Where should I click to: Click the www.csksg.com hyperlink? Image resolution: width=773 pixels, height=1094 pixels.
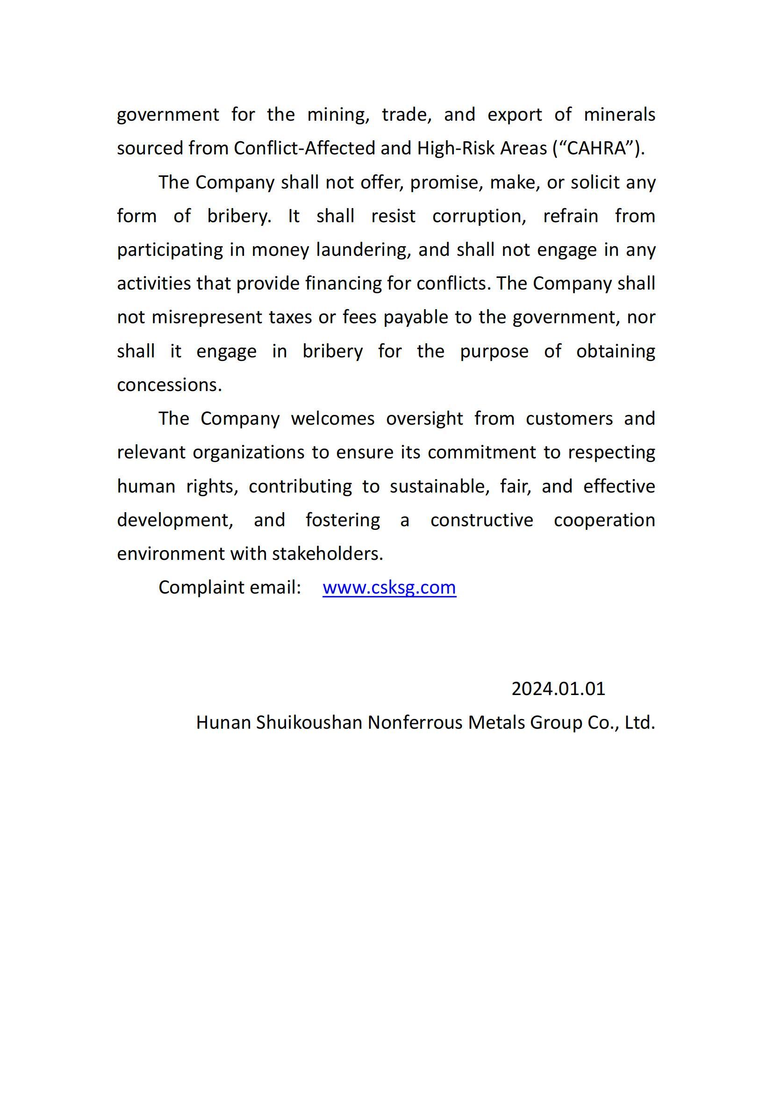tap(389, 587)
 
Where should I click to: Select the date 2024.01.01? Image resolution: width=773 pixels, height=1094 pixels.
tap(558, 689)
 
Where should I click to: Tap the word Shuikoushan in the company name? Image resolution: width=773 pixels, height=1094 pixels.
tap(309, 723)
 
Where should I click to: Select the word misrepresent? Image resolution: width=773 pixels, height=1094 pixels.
tap(207, 317)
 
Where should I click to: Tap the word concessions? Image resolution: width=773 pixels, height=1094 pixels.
tap(169, 385)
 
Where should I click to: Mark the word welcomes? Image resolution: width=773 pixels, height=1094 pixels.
tap(333, 419)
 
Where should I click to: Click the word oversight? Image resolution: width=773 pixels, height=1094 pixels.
tap(424, 419)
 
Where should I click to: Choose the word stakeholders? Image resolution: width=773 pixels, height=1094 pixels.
tap(327, 554)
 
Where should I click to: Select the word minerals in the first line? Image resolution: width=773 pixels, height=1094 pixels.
tap(619, 115)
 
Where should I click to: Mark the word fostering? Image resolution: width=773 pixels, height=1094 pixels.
tap(343, 520)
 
